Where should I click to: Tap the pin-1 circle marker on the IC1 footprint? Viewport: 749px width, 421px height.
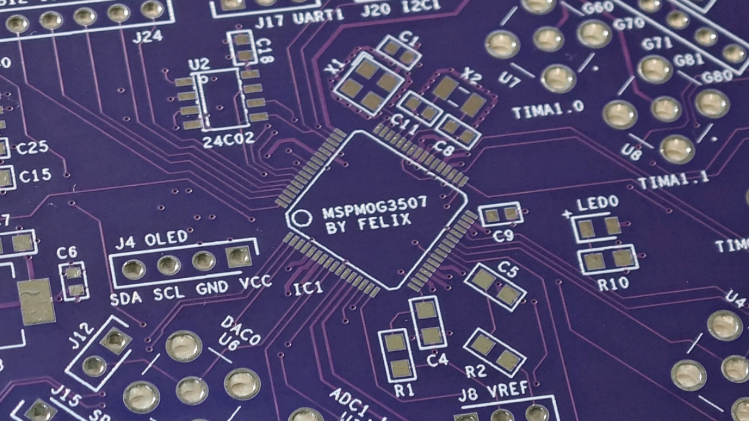(302, 218)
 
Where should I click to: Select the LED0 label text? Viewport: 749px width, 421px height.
(597, 203)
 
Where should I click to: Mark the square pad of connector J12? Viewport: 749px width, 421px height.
(115, 341)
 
